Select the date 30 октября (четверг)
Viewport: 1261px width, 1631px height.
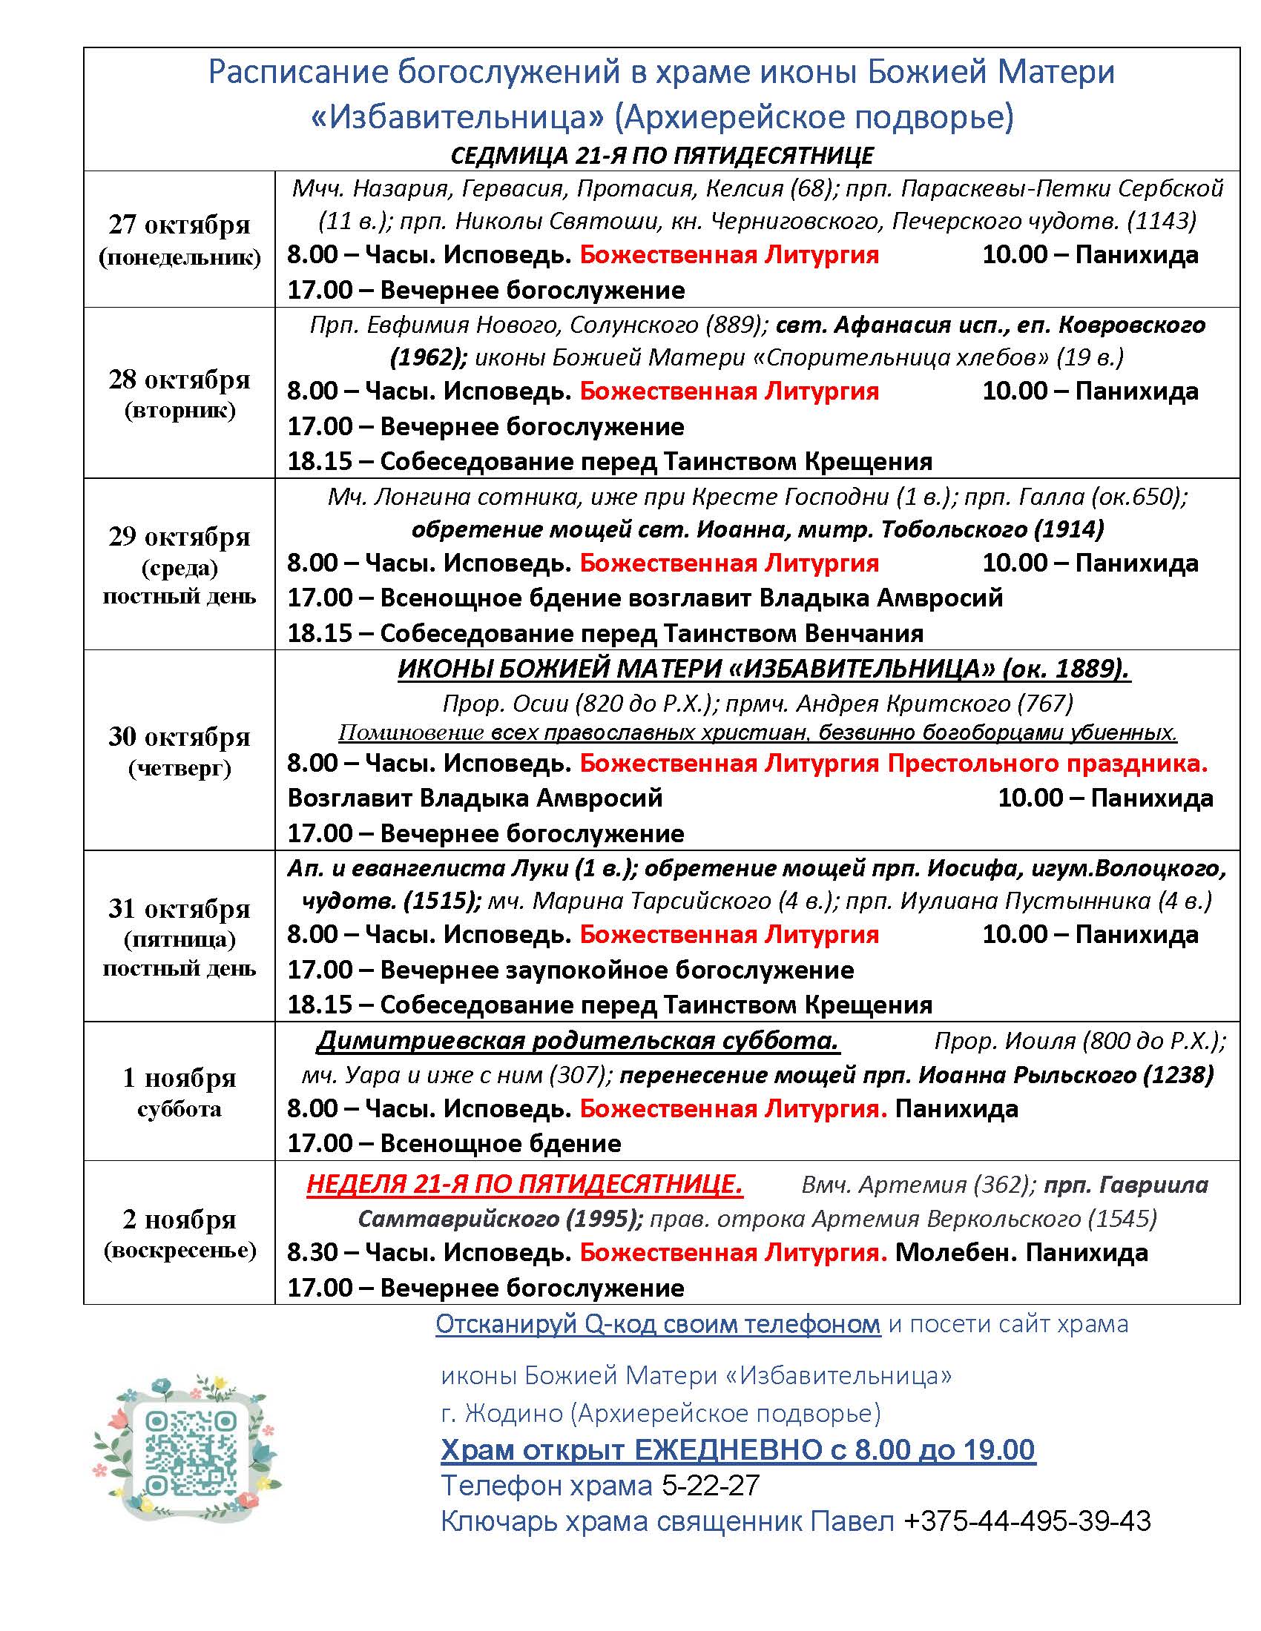[x=180, y=750]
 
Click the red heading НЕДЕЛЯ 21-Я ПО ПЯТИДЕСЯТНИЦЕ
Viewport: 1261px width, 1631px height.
[x=524, y=1185]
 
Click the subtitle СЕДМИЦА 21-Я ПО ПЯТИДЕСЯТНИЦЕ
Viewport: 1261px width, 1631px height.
[x=662, y=156]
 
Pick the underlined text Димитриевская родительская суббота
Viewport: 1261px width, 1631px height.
[x=579, y=1041]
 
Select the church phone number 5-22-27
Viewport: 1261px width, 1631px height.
[x=711, y=1486]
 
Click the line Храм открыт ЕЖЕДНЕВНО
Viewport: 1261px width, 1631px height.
[x=737, y=1449]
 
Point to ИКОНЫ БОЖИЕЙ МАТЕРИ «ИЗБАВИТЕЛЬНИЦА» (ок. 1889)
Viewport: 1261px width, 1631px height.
[x=763, y=669]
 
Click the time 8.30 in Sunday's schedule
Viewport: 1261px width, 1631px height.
[x=312, y=1252]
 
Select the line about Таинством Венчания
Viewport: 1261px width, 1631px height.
[x=605, y=633]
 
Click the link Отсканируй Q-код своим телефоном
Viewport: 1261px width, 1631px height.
[x=657, y=1324]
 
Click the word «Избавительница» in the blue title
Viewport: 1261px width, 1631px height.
[x=457, y=117]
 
